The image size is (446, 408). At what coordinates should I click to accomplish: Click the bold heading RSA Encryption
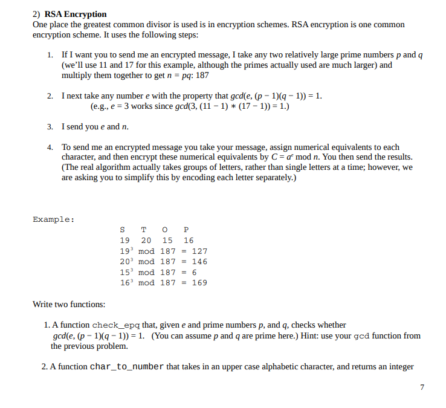76,14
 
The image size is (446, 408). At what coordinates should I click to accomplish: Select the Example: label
54,219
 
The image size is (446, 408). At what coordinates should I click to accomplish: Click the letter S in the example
123,230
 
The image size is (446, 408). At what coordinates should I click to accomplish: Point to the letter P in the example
186,230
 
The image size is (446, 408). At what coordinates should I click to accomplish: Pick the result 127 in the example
199,251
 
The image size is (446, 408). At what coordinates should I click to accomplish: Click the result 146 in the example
199,262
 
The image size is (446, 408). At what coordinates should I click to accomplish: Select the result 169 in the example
199,282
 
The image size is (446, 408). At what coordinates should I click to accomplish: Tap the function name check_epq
117,325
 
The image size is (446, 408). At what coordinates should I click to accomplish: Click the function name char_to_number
127,366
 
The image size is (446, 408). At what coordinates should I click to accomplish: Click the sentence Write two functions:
69,304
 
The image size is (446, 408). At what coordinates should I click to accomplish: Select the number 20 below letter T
146,240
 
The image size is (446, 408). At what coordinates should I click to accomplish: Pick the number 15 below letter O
167,240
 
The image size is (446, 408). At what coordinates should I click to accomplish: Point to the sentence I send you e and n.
95,127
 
